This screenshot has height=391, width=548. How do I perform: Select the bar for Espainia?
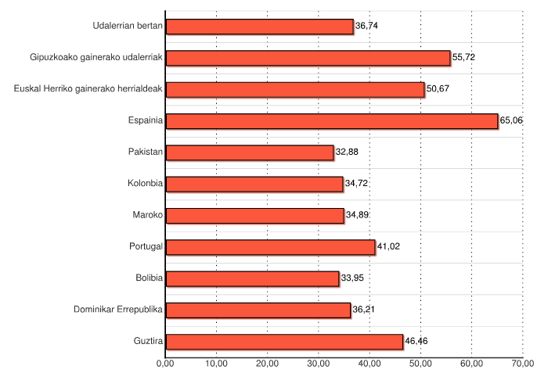tap(332, 121)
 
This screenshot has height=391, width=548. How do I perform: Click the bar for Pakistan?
tap(250, 152)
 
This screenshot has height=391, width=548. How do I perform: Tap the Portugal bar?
tap(270, 247)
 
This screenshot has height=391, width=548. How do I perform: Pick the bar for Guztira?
tap(284, 342)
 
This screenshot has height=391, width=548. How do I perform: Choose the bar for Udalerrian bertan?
tap(259, 27)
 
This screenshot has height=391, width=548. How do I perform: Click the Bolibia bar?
tap(252, 278)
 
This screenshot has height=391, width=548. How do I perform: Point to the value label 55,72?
tap(464, 58)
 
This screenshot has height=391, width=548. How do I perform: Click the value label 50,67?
tap(438, 89)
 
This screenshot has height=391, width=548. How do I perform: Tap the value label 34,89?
tap(358, 215)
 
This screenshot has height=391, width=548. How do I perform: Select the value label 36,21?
tap(364, 310)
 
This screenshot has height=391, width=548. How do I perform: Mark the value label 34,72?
tap(356, 184)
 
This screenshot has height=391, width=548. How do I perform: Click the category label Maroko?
tap(148, 215)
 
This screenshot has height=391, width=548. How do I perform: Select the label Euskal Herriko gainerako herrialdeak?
tap(88, 89)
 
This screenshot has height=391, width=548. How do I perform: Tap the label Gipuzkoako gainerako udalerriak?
tap(96, 58)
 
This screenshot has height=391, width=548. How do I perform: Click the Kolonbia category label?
tap(145, 184)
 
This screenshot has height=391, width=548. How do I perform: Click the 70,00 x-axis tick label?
tap(522, 363)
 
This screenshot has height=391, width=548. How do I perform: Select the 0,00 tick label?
tap(165, 363)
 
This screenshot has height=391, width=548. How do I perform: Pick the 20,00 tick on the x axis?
tap(267, 363)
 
